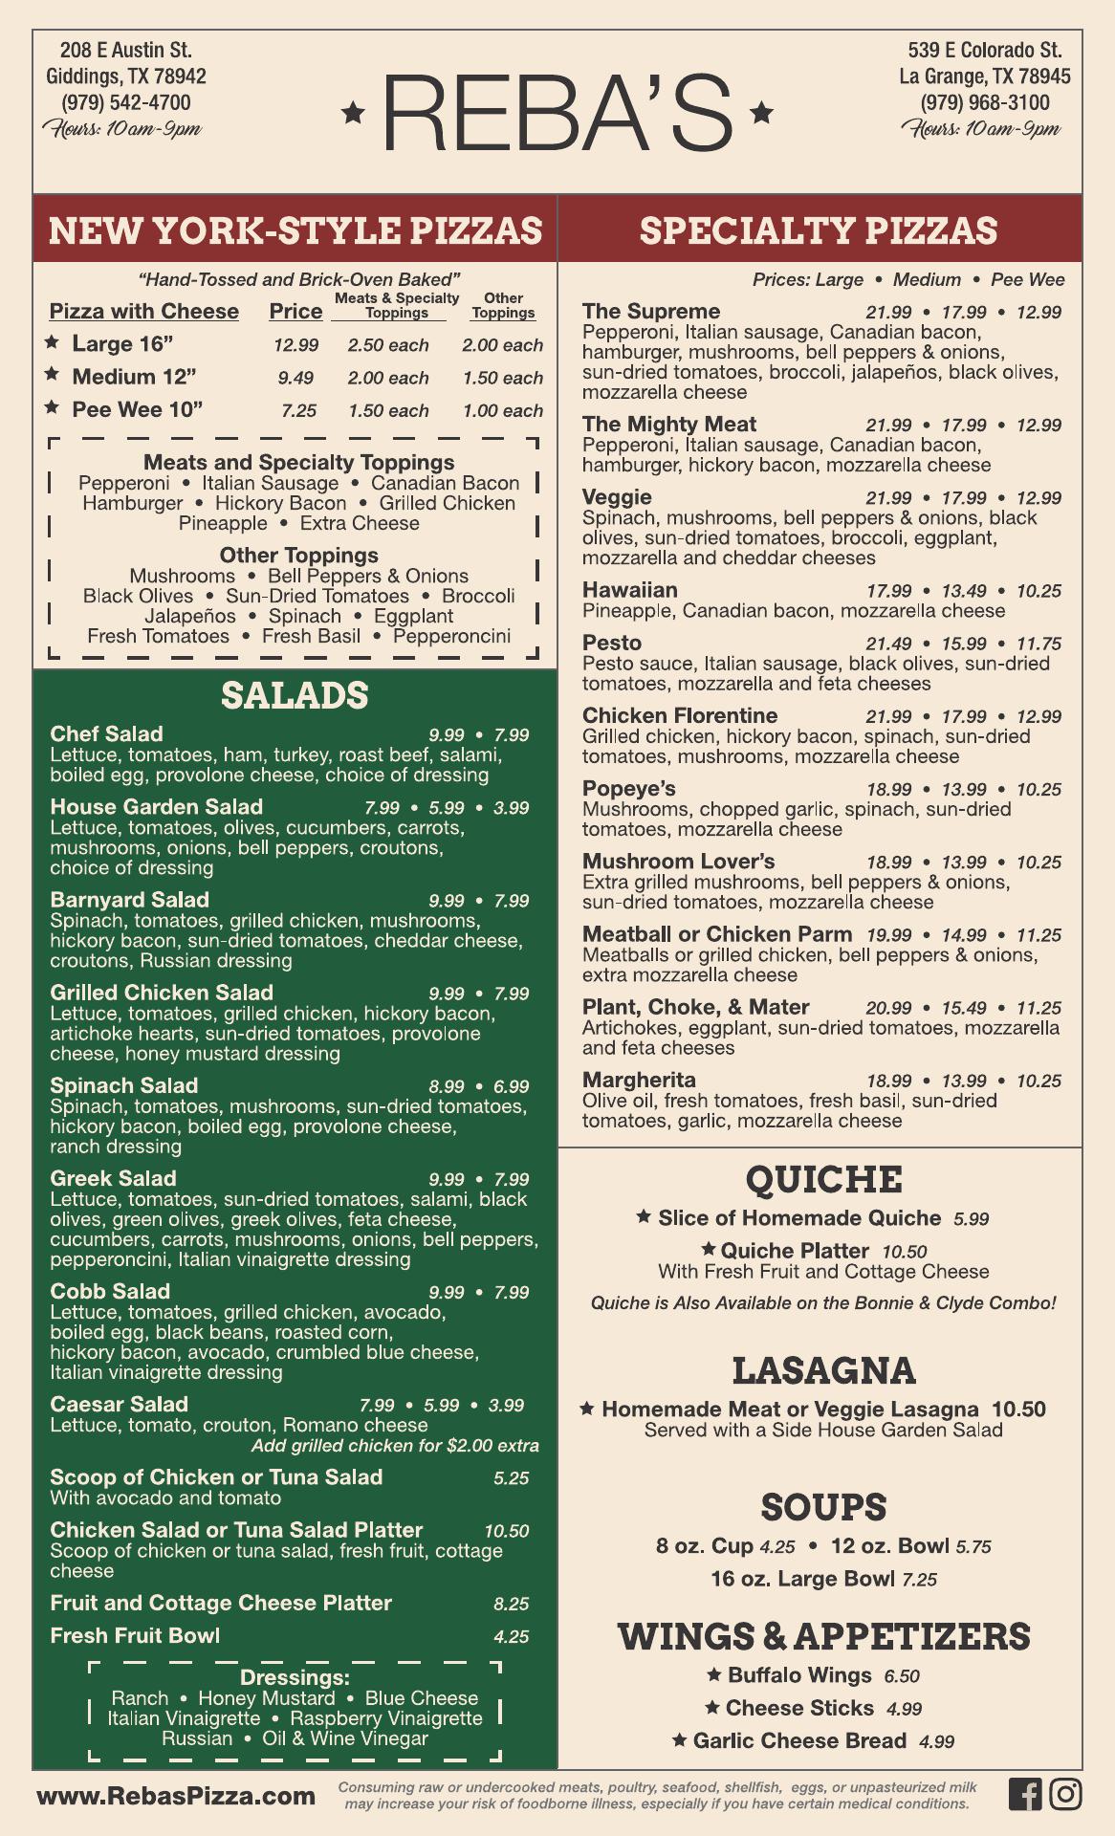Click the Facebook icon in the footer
pyautogui.click(x=1024, y=1793)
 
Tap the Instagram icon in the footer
pyautogui.click(x=1065, y=1793)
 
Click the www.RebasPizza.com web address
pyautogui.click(x=176, y=1796)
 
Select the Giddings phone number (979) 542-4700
pyautogui.click(x=126, y=102)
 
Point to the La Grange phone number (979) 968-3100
pyautogui.click(x=985, y=102)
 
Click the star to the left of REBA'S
pyautogui.click(x=354, y=114)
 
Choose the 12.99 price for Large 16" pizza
pyautogui.click(x=295, y=345)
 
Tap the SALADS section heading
pyautogui.click(x=295, y=695)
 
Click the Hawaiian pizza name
pyautogui.click(x=629, y=590)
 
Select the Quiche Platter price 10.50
pyautogui.click(x=904, y=1252)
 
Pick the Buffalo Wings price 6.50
pyautogui.click(x=902, y=1676)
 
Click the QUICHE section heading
pyautogui.click(x=823, y=1179)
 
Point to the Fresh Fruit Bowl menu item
pyautogui.click(x=135, y=1636)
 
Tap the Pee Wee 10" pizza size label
pyautogui.click(x=138, y=409)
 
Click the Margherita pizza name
pyautogui.click(x=639, y=1081)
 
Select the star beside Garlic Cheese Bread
pyautogui.click(x=679, y=1740)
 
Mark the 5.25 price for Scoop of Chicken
pyautogui.click(x=512, y=1478)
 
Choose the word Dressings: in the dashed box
pyautogui.click(x=295, y=1678)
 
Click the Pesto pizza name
pyautogui.click(x=612, y=644)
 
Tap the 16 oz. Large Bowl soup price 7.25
pyautogui.click(x=919, y=1580)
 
